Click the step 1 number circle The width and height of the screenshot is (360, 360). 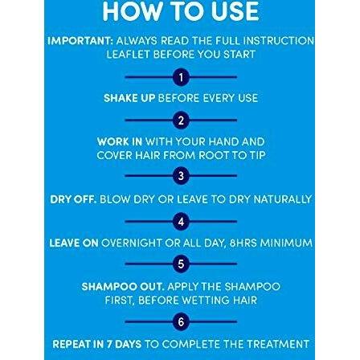coord(181,77)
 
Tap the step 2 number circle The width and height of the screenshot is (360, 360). coord(181,121)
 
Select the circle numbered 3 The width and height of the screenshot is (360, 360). coord(181,176)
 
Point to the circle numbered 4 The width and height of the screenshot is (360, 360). coord(181,222)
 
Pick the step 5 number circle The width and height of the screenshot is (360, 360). coord(181,264)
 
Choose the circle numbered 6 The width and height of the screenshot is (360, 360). coord(181,321)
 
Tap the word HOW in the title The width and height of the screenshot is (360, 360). coord(133,11)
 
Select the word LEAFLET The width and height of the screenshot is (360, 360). coord(129,55)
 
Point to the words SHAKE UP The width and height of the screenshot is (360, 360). coord(129,98)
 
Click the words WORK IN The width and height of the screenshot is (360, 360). coord(120,141)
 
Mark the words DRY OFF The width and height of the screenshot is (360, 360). coord(73,199)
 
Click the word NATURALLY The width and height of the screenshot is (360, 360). coord(283,199)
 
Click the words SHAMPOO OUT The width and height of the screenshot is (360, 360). coord(123,287)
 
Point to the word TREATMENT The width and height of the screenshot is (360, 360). coord(278,344)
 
